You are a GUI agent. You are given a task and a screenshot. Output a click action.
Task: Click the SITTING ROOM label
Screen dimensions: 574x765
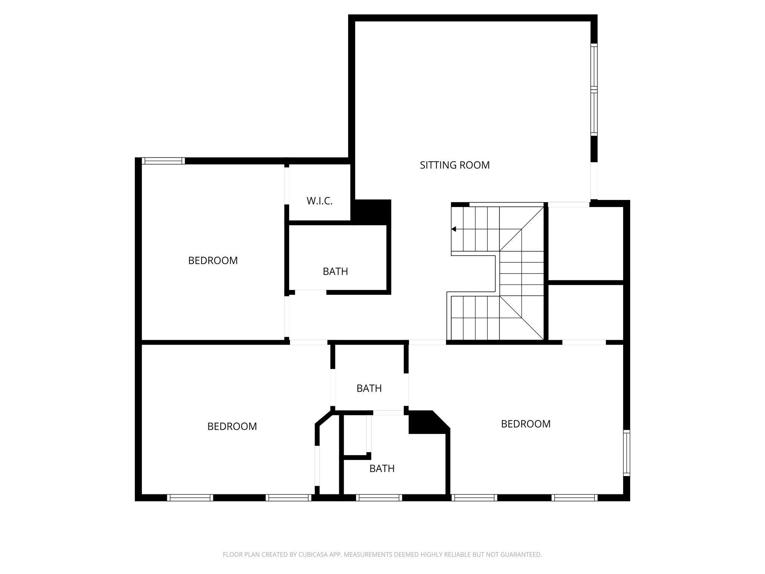coord(455,165)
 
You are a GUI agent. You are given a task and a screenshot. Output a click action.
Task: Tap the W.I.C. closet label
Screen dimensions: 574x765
coord(319,201)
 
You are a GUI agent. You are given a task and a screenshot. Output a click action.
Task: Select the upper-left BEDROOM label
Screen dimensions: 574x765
coord(213,260)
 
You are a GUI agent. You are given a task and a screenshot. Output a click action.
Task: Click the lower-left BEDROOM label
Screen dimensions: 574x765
coord(232,426)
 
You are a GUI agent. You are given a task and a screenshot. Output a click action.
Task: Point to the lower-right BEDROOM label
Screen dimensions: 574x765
coord(526,424)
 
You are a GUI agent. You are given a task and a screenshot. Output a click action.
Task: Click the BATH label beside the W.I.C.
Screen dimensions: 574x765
coord(335,271)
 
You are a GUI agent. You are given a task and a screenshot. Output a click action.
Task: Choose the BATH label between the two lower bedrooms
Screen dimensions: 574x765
coord(369,389)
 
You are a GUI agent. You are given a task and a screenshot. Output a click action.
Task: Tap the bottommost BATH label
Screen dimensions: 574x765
coord(382,469)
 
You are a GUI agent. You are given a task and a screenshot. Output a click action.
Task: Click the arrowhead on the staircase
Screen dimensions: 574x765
coord(454,229)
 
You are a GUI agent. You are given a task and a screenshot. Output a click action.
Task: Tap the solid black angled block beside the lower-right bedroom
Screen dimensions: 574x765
coord(426,422)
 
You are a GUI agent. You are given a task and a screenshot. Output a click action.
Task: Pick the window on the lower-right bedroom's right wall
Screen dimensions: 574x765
coord(626,453)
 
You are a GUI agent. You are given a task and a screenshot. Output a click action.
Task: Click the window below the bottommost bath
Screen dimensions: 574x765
coord(379,498)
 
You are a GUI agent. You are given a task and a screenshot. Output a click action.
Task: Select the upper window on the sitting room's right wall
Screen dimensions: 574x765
coord(594,66)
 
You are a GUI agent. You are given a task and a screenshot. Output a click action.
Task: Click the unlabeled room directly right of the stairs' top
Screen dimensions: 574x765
coord(585,243)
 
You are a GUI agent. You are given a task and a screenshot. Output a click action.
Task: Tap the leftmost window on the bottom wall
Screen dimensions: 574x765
coord(190,498)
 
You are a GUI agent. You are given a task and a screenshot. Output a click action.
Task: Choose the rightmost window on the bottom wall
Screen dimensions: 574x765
coord(574,498)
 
